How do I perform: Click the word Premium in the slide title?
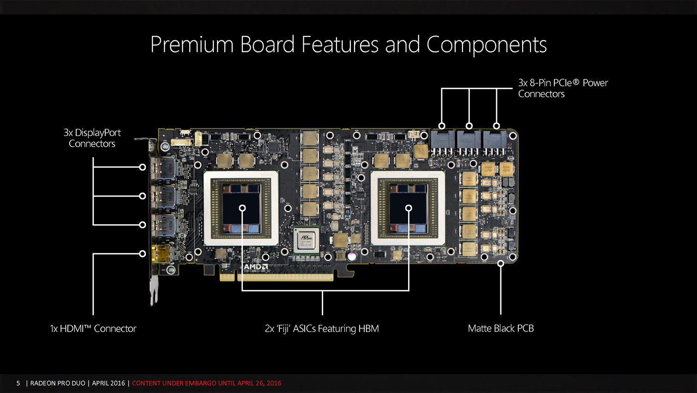click(x=192, y=44)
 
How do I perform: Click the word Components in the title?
click(x=487, y=44)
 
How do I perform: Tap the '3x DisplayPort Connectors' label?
click(x=92, y=138)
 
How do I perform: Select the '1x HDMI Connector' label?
click(x=93, y=328)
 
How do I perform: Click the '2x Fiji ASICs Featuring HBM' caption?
click(x=322, y=329)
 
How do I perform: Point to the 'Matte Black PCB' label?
click(x=501, y=328)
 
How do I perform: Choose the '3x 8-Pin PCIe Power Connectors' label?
click(x=563, y=88)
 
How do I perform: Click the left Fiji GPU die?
click(x=241, y=208)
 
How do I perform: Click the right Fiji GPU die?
click(x=408, y=208)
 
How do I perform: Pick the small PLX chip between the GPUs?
click(x=306, y=240)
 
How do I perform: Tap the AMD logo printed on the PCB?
click(x=255, y=267)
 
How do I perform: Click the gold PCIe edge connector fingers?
click(x=276, y=277)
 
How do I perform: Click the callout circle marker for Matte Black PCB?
click(x=501, y=264)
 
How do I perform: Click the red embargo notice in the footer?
click(x=207, y=383)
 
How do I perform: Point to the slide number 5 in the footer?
click(x=18, y=383)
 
